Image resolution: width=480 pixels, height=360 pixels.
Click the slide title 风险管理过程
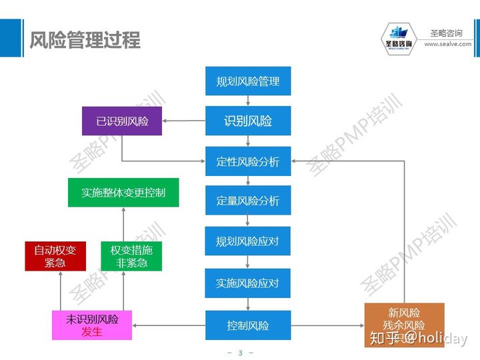click(x=85, y=40)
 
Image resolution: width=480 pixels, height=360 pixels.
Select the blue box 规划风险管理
click(x=248, y=81)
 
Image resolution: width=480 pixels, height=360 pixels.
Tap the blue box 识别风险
click(x=248, y=121)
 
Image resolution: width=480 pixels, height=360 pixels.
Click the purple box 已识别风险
click(x=122, y=121)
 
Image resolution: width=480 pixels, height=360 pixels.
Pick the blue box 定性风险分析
click(x=248, y=161)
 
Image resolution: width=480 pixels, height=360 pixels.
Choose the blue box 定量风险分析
click(x=248, y=201)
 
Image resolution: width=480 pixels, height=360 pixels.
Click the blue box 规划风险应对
click(x=248, y=241)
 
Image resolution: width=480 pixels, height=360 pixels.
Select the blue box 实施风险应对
click(x=248, y=283)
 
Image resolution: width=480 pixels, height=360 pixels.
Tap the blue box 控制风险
click(x=248, y=325)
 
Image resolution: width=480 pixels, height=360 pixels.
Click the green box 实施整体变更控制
click(x=123, y=193)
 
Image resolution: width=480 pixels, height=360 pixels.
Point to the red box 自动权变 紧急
click(x=55, y=256)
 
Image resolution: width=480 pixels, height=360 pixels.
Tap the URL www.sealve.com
click(x=447, y=44)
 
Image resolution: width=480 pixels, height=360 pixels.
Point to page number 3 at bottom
click(x=240, y=353)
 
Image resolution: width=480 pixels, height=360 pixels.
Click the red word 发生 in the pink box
click(x=92, y=332)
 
